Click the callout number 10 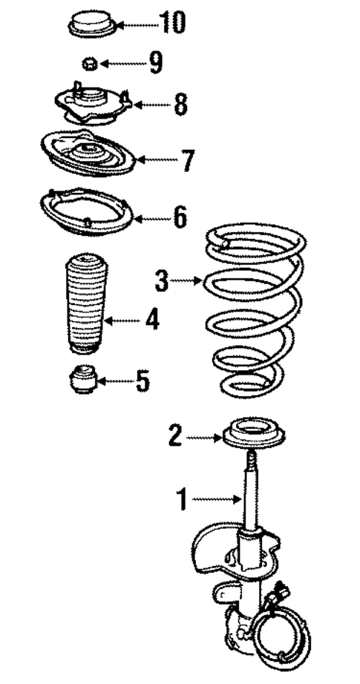[171, 24]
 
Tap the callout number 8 [180, 105]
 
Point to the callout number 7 [186, 160]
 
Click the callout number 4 [151, 320]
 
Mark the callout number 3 [162, 281]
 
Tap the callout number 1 [181, 499]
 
